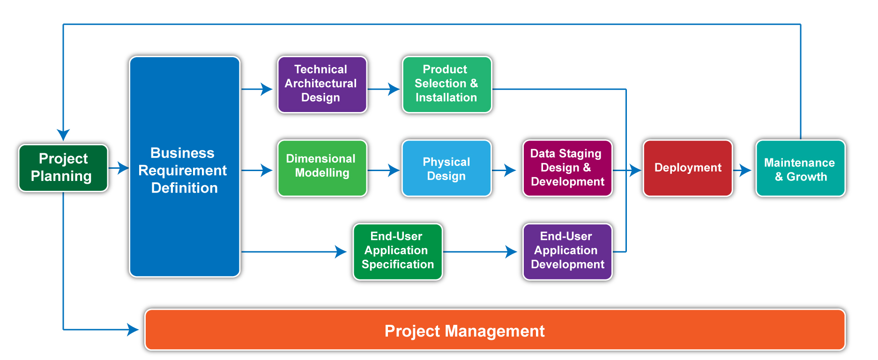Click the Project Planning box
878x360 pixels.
pyautogui.click(x=63, y=168)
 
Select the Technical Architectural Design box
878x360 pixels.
pyautogui.click(x=322, y=84)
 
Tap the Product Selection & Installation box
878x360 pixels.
pyautogui.click(x=447, y=84)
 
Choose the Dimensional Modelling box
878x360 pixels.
pyautogui.click(x=322, y=168)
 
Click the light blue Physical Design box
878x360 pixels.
pyautogui.click(x=446, y=168)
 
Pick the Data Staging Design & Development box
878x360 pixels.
pyautogui.click(x=567, y=168)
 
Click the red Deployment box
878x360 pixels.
pyautogui.click(x=688, y=168)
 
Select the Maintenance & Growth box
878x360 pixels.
pyautogui.click(x=801, y=168)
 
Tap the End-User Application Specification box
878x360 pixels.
pyautogui.click(x=398, y=252)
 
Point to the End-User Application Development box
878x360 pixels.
pyautogui.click(x=567, y=252)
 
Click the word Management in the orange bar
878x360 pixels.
pyautogui.click(x=495, y=331)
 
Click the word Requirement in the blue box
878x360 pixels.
pyautogui.click(x=183, y=170)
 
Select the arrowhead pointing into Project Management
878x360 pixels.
pyautogui.click(x=133, y=330)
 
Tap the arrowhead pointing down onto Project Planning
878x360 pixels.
pyautogui.click(x=63, y=135)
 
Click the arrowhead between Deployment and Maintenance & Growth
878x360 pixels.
pyautogui.click(x=745, y=170)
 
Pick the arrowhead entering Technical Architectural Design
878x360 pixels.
pyautogui.click(x=267, y=89)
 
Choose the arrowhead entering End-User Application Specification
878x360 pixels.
pyautogui.click(x=341, y=252)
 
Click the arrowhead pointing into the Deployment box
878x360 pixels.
pyautogui.click(x=635, y=170)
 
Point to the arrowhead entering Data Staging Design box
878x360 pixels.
pyautogui.click(x=510, y=170)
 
